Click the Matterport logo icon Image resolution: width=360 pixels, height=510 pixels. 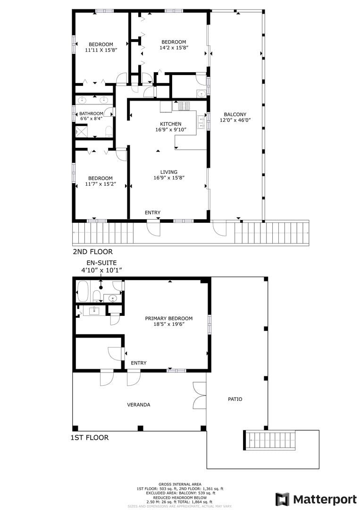click(282, 499)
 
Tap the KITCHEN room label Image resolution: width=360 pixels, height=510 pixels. click(171, 124)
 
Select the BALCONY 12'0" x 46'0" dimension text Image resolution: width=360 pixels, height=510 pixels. click(235, 120)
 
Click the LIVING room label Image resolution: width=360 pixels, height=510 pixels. click(169, 172)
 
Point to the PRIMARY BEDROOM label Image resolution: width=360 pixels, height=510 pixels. click(168, 318)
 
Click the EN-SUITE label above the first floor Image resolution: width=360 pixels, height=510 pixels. click(101, 263)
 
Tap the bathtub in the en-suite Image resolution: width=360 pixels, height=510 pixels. click(83, 291)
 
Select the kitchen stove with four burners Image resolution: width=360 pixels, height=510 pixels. click(184, 106)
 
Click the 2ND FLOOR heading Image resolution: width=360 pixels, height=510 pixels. click(92, 252)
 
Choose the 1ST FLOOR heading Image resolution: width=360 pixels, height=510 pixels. click(90, 438)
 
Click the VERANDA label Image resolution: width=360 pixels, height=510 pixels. click(139, 405)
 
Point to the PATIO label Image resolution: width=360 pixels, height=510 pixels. click(235, 399)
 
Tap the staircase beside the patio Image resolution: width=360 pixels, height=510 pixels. click(270, 440)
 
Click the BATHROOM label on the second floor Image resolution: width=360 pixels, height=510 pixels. click(92, 113)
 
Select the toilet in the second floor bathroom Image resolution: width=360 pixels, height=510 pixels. click(109, 131)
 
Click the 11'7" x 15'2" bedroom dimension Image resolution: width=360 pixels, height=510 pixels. click(100, 184)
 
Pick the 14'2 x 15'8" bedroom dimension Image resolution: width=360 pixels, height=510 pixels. click(174, 48)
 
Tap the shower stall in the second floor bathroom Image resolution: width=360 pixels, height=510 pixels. click(80, 132)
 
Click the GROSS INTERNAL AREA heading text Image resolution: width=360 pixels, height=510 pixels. click(180, 484)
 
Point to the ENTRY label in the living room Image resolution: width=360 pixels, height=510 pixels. click(153, 212)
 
